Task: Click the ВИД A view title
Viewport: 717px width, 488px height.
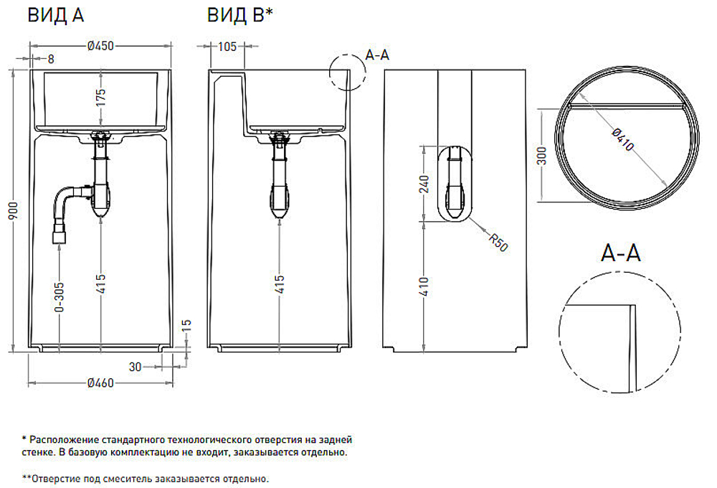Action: [56, 15]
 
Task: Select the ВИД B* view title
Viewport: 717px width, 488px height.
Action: [239, 15]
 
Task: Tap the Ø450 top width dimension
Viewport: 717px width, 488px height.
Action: [100, 46]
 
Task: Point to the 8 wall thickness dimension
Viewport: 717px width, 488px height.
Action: [51, 59]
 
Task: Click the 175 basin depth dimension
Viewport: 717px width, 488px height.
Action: [100, 97]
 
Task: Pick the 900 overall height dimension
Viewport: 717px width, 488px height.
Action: [14, 210]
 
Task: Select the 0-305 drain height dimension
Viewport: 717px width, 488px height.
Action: [60, 297]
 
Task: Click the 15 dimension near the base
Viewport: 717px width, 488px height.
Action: [186, 325]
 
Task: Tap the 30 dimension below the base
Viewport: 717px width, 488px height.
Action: [135, 367]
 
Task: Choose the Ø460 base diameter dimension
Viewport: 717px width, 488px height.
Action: [100, 383]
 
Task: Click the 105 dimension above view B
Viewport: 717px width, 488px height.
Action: [227, 46]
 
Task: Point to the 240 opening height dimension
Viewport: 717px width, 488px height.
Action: [424, 184]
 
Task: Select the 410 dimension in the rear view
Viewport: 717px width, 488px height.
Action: [424, 286]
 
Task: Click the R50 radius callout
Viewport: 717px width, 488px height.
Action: [498, 242]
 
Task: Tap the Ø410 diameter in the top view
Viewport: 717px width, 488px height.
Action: [623, 139]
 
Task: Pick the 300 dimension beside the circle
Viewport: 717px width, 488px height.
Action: [541, 156]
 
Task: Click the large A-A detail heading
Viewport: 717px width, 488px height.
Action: [620, 253]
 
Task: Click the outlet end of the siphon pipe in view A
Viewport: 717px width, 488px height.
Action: [59, 238]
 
